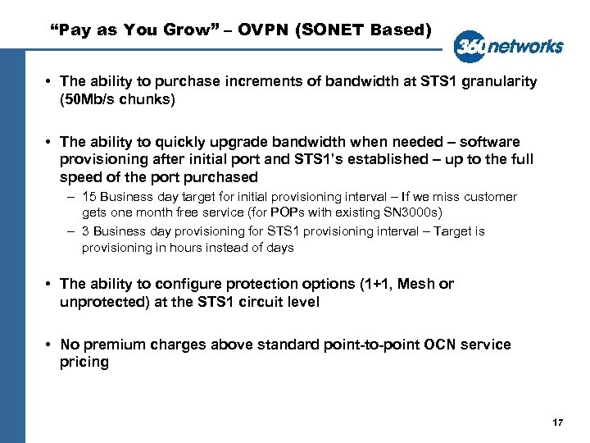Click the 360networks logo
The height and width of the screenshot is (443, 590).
(x=509, y=46)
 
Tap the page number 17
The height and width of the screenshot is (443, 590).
(x=558, y=422)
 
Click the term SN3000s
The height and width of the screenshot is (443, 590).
(x=421, y=212)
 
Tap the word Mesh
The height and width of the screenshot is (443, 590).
(x=419, y=284)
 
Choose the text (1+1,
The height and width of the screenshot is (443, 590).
(x=379, y=284)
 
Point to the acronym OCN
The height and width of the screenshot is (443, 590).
(x=441, y=345)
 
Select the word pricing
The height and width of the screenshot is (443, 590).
(x=84, y=362)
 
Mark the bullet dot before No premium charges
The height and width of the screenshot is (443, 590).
(x=50, y=345)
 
